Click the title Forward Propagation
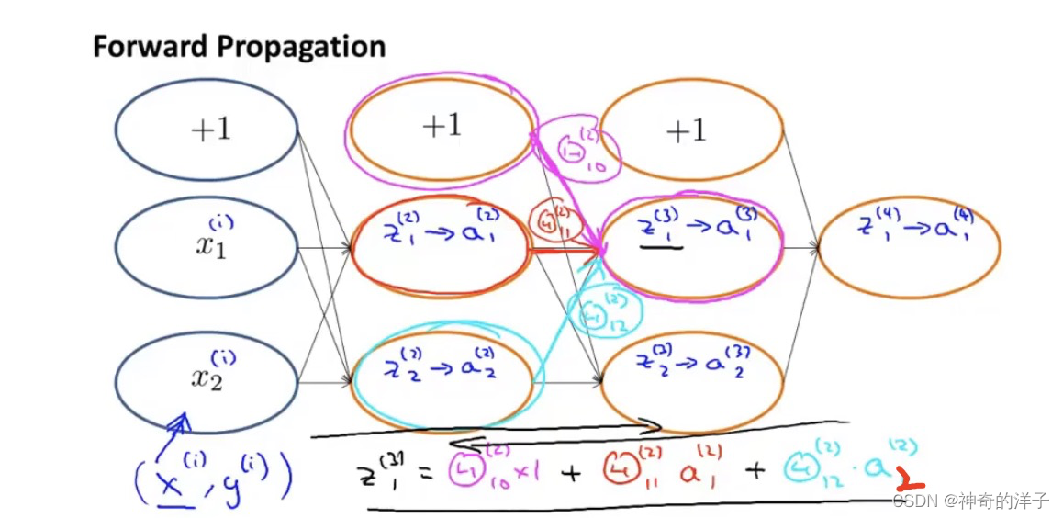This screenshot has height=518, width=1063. [239, 47]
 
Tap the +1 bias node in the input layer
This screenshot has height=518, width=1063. [207, 129]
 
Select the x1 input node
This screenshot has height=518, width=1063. [207, 246]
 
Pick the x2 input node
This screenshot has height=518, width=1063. [207, 378]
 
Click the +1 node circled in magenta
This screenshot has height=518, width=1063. [442, 126]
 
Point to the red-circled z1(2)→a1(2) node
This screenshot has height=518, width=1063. [442, 246]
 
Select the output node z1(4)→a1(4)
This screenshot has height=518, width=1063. [909, 246]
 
